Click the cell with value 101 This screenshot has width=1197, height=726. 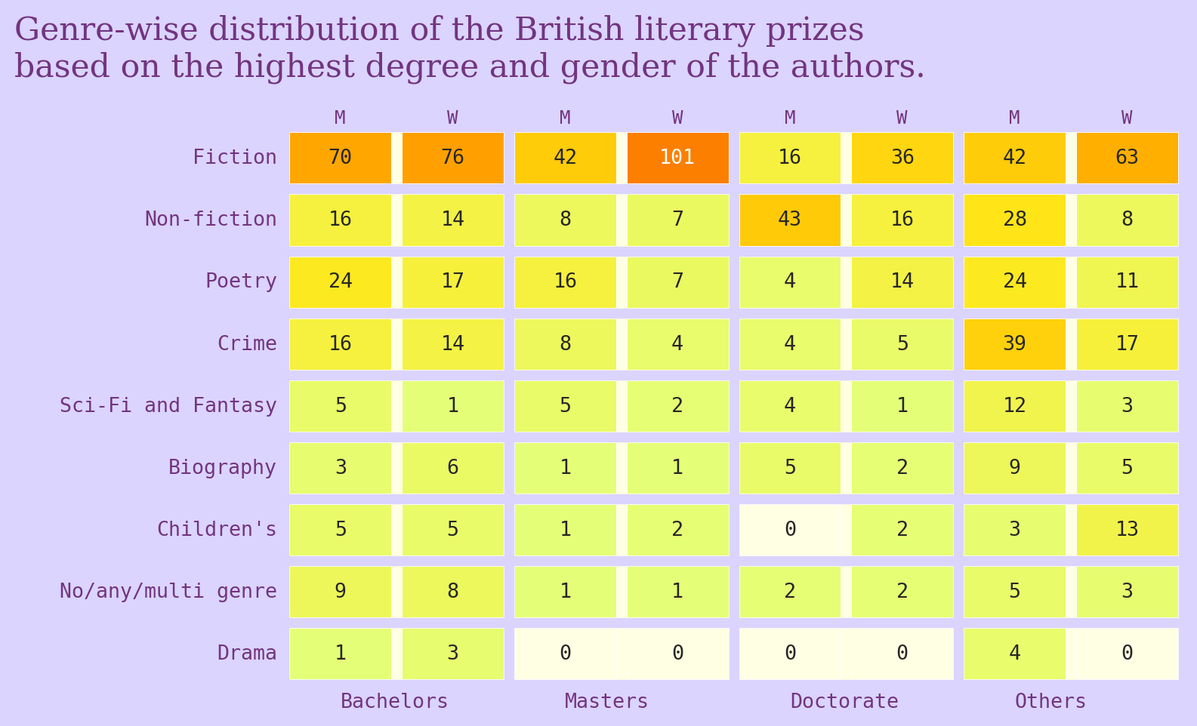click(x=677, y=158)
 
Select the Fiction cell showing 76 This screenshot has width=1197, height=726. click(x=452, y=158)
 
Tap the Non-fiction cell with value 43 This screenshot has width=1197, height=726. click(x=790, y=220)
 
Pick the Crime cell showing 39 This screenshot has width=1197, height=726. click(x=1014, y=344)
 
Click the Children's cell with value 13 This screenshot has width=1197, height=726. click(x=1127, y=530)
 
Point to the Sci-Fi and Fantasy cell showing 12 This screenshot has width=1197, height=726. click(x=1014, y=406)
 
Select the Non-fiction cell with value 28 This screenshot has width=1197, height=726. click(x=1014, y=220)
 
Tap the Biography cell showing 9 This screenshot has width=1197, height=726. click(x=1014, y=468)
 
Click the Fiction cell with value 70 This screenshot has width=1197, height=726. click(x=341, y=158)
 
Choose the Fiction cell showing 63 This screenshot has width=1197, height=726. click(x=1127, y=158)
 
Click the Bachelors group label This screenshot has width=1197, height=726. click(x=394, y=702)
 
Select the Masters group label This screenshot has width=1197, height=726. click(x=606, y=702)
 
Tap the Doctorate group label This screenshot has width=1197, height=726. click(x=844, y=702)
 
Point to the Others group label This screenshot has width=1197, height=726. click(x=1050, y=702)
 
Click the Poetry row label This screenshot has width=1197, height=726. click(x=241, y=281)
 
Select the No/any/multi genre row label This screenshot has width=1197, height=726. click(x=168, y=592)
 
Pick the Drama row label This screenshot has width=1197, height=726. click(x=247, y=654)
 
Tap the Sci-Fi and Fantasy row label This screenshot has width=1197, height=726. click(x=168, y=406)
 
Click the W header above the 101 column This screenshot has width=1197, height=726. click(x=677, y=118)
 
